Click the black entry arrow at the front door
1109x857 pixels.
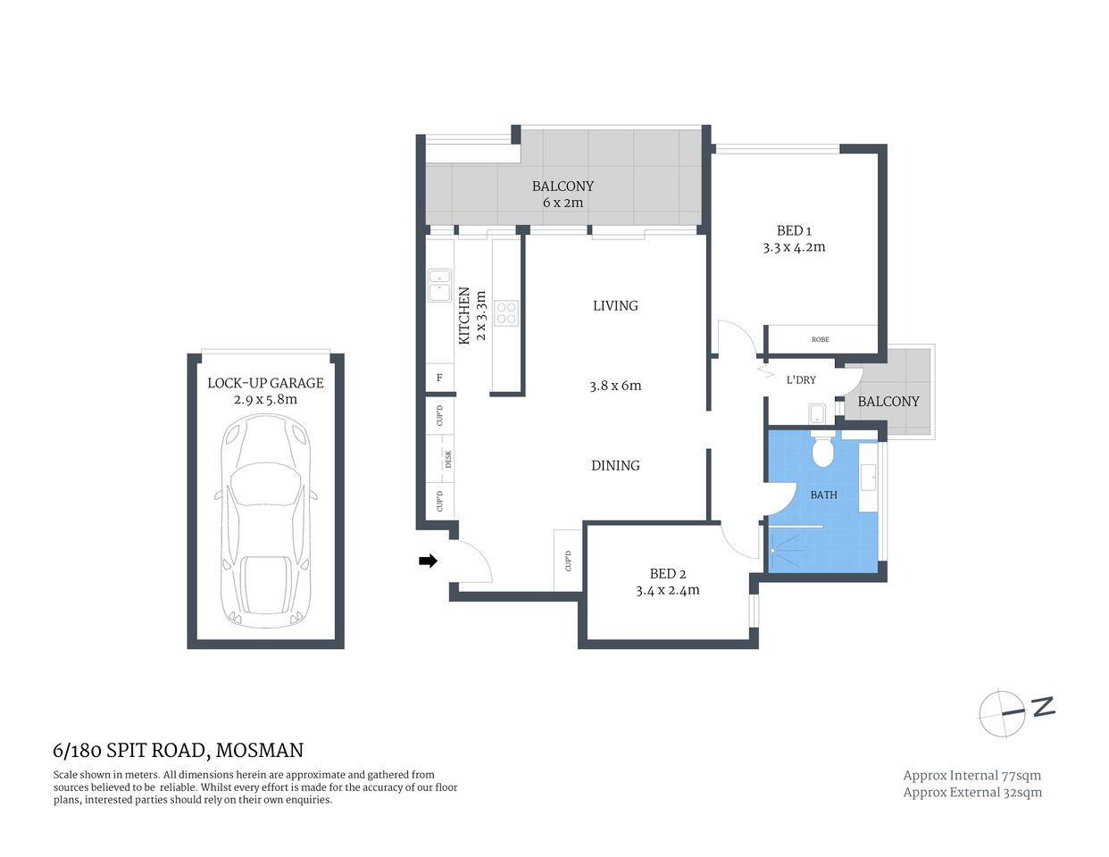pos(428,561)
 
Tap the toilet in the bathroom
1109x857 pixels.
pos(822,452)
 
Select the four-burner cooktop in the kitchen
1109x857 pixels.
pos(506,312)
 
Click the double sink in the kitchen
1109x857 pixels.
pos(439,286)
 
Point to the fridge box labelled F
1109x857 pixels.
pos(439,378)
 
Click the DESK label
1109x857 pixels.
pos(448,459)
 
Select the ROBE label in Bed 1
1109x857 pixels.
pos(821,339)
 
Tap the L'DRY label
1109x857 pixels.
pos(801,379)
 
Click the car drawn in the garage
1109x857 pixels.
pos(266,522)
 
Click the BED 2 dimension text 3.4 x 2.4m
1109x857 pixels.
pos(667,590)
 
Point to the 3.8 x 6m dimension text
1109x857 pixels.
pos(615,387)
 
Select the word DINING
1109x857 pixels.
pos(615,465)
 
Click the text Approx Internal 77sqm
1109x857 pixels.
pos(971,775)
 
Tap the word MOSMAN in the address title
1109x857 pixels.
pos(260,751)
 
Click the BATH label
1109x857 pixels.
pos(823,495)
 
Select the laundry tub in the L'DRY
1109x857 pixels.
pos(817,413)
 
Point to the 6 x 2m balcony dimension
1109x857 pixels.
pos(563,203)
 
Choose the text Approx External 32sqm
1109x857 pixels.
pos(972,792)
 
